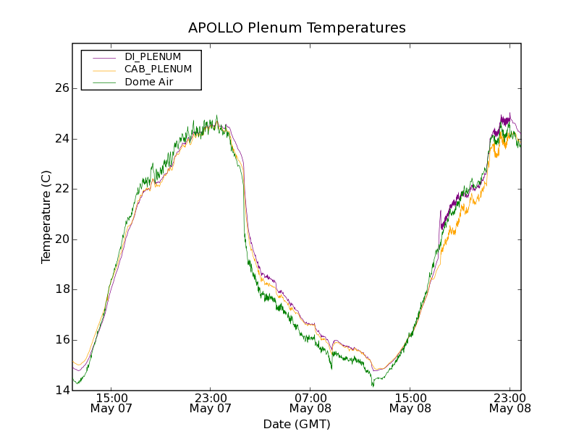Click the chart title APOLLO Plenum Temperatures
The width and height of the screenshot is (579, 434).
pyautogui.click(x=297, y=28)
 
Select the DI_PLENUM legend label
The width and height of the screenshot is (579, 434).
pyautogui.click(x=153, y=56)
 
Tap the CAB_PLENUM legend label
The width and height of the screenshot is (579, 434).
pyautogui.click(x=158, y=69)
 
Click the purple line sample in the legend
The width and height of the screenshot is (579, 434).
pyautogui.click(x=104, y=56)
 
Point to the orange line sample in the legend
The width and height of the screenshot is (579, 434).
pyautogui.click(x=104, y=69)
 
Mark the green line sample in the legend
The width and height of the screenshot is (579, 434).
pyautogui.click(x=104, y=82)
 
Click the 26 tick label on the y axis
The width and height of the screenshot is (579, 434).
pyautogui.click(x=62, y=88)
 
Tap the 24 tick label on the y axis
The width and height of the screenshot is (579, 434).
pyautogui.click(x=62, y=139)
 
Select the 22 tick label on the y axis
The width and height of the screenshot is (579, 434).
pyautogui.click(x=62, y=189)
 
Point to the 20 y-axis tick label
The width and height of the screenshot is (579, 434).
pyautogui.click(x=62, y=239)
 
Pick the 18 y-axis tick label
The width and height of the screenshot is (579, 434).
pyautogui.click(x=62, y=289)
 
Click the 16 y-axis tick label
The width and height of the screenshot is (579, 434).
pyautogui.click(x=62, y=340)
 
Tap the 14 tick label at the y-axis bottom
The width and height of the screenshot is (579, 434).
pyautogui.click(x=62, y=391)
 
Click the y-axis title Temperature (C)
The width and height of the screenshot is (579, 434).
pyautogui.click(x=46, y=217)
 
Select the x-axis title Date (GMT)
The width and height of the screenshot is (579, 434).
pyautogui.click(x=297, y=424)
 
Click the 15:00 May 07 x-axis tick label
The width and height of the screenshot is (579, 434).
pyautogui.click(x=111, y=403)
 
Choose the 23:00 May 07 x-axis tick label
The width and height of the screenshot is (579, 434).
pyautogui.click(x=211, y=403)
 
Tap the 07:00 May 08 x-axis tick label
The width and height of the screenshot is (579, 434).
pyautogui.click(x=310, y=403)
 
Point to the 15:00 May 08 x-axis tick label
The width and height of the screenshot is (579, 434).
pyautogui.click(x=410, y=403)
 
